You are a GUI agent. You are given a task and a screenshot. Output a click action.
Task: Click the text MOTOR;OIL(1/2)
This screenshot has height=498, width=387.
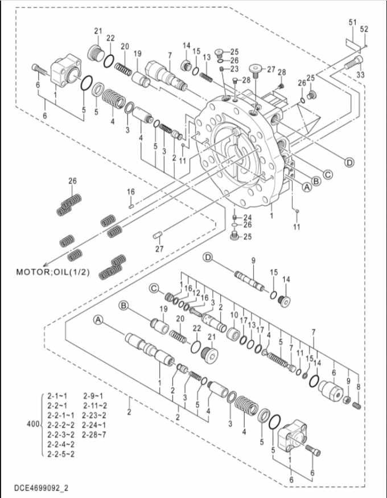[x=53, y=272]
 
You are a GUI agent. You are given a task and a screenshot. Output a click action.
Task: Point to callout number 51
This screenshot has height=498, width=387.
[x=352, y=22]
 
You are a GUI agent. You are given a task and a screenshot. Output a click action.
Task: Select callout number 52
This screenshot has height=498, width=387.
[x=364, y=29]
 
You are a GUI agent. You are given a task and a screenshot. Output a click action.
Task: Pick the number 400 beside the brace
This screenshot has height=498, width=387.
[x=33, y=424]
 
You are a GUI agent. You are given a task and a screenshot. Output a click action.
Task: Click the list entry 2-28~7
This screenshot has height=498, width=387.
[x=94, y=435]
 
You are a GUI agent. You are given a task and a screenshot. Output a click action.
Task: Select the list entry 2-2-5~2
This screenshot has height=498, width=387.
[x=61, y=454]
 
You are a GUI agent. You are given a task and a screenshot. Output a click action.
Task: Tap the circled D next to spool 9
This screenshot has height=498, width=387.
[x=208, y=257]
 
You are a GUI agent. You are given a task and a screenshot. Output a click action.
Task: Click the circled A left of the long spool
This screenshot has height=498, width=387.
[x=98, y=320]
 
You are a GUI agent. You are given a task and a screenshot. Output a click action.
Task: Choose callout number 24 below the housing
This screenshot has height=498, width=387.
[x=248, y=218]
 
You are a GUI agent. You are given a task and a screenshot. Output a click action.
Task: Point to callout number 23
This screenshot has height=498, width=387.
[x=234, y=69]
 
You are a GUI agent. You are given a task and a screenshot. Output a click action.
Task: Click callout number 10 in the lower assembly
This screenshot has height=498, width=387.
[x=234, y=315]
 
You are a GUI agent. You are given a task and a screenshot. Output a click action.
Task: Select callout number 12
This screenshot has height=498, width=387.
[x=196, y=292]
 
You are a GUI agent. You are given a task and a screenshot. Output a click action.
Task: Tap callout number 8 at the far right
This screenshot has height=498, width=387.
[x=359, y=386]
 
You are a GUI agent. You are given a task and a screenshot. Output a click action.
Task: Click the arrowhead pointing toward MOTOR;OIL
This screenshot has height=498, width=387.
[x=45, y=264]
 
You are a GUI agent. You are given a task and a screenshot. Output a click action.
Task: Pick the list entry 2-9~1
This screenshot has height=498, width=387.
[x=93, y=396]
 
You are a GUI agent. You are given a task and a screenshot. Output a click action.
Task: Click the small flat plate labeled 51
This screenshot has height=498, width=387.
[x=352, y=44]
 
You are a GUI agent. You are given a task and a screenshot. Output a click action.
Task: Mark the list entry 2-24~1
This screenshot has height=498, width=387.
[x=94, y=425]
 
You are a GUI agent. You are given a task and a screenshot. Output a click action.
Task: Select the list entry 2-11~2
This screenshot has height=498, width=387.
[x=95, y=406]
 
